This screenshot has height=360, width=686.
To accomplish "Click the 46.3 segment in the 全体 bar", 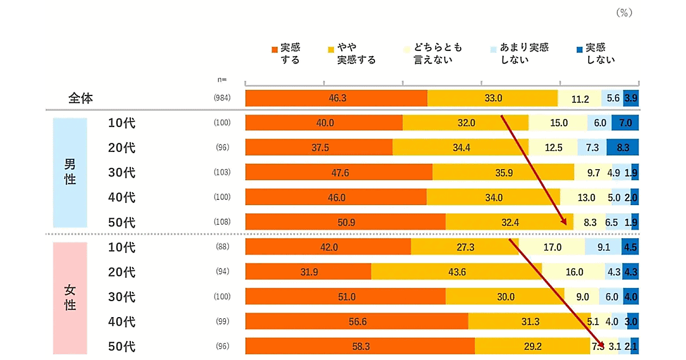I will click(337, 98).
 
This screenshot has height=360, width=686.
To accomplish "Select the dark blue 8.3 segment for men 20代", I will click(623, 147).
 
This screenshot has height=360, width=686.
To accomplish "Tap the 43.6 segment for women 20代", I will click(457, 272).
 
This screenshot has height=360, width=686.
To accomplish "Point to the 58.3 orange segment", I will click(360, 346).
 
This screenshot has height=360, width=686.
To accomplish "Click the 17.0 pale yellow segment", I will click(552, 247).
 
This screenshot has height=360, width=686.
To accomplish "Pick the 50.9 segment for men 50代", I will click(345, 222).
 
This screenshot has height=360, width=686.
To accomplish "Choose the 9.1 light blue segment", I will click(603, 247).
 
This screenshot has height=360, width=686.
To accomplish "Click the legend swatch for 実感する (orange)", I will click(275, 49).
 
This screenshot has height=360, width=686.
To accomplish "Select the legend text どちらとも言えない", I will click(438, 53).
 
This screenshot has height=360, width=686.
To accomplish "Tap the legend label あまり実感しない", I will click(524, 53).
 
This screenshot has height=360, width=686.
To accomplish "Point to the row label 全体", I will click(81, 98).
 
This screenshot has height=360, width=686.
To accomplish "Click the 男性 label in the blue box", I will click(70, 171).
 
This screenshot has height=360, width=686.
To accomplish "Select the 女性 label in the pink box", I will click(70, 297).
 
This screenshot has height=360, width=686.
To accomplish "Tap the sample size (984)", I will click(222, 98).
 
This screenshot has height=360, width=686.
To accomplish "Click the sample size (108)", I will click(222, 222).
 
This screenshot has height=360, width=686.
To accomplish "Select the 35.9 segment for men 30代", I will click(503, 172).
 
